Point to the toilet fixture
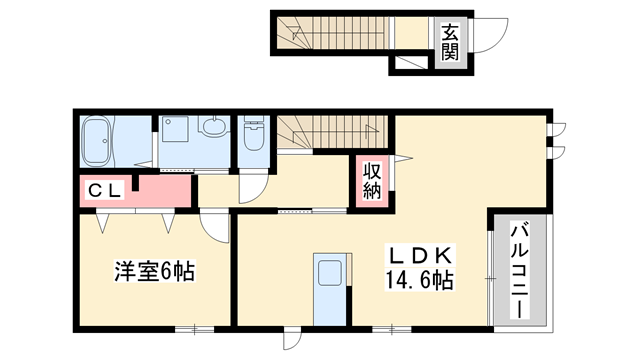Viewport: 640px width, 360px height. pyautogui.click(x=254, y=134)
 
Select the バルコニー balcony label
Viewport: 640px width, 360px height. pyautogui.click(x=521, y=269)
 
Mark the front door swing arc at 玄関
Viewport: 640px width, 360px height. pyautogui.click(x=487, y=40)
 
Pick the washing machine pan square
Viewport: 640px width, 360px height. pyautogui.click(x=177, y=141)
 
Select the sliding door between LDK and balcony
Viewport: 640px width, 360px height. pyautogui.click(x=490, y=270)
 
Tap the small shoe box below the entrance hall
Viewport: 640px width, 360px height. pyautogui.click(x=409, y=64)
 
